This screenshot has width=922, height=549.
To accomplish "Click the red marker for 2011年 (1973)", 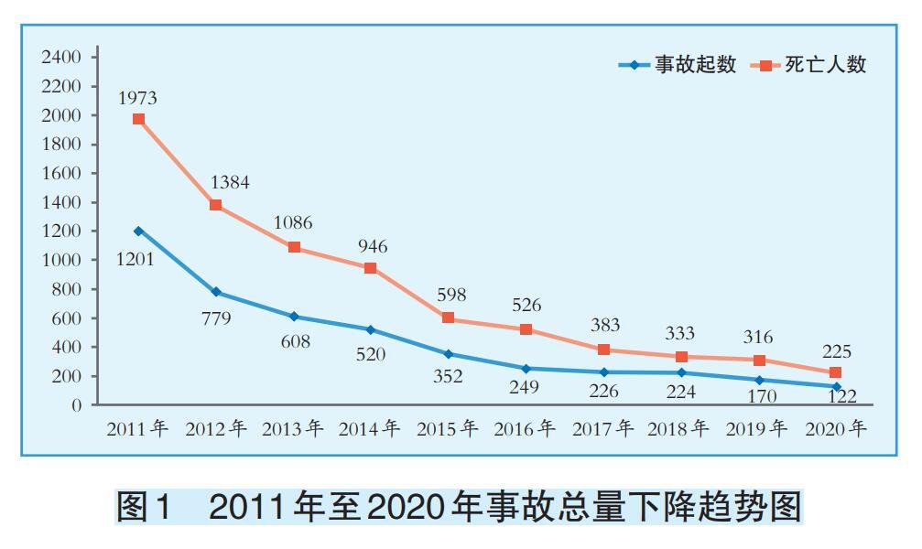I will click(138, 119).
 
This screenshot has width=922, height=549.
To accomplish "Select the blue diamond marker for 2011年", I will click(138, 231).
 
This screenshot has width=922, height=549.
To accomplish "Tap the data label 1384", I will click(229, 182).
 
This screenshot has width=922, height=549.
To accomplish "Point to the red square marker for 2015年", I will click(448, 318).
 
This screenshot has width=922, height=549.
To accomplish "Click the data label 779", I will click(216, 318).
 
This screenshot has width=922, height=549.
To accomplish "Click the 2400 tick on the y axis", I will click(61, 57).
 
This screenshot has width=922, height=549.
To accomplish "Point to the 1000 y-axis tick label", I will click(61, 260).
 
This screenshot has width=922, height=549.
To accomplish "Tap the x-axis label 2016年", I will click(525, 428).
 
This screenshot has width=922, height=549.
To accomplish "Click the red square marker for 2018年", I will click(681, 356).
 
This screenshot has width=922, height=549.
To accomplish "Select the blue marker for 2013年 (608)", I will click(294, 316).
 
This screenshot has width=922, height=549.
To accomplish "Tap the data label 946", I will click(372, 246).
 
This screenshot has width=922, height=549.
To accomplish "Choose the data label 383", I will click(604, 325).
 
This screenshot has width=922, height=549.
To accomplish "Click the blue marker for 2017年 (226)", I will click(603, 371).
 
